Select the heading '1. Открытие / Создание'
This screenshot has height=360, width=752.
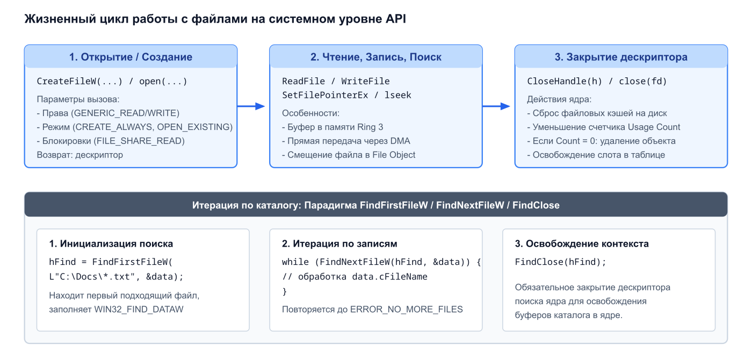131,57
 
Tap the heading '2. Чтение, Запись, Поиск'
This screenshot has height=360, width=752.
375,57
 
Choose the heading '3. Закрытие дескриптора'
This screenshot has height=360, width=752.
621,57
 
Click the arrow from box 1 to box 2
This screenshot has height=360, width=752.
251,106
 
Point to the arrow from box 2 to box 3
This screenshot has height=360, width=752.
496,106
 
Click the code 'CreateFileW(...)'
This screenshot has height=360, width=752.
79,81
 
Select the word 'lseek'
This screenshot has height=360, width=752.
398,95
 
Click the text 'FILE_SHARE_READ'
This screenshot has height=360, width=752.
139,141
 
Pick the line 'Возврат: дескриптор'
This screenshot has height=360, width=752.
80,155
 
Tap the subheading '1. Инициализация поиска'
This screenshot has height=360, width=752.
111,243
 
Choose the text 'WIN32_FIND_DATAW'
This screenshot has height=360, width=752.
139,309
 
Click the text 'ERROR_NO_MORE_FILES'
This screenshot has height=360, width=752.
406,309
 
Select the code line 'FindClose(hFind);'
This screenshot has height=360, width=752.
561,262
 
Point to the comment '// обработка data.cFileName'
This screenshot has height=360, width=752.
355,277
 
